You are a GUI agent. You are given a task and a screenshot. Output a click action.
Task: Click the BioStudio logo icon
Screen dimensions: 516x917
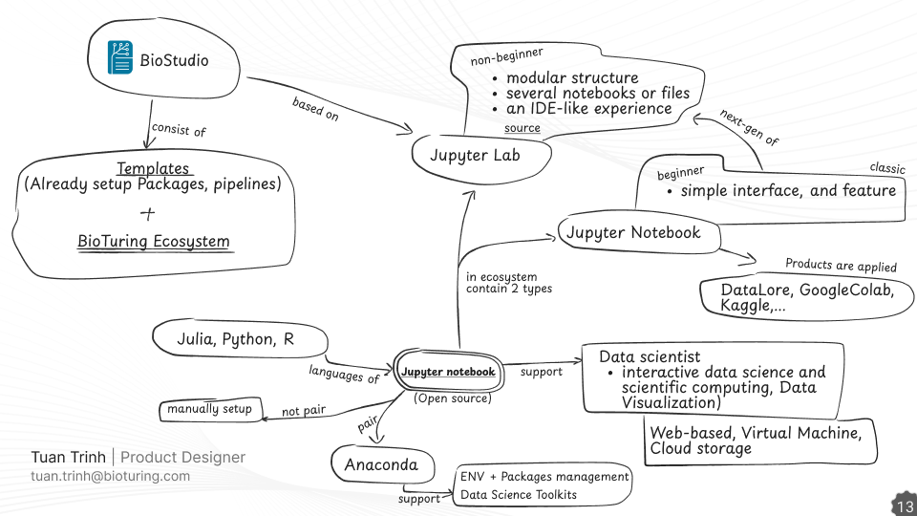point(119,59)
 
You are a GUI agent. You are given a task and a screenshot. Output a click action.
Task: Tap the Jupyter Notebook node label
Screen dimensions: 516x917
point(633,232)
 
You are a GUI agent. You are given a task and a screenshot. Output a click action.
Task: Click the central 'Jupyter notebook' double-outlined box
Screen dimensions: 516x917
point(448,372)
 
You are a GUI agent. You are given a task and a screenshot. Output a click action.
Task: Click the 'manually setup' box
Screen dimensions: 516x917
point(209,409)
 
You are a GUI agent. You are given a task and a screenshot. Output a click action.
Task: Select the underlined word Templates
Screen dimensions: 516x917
point(153,168)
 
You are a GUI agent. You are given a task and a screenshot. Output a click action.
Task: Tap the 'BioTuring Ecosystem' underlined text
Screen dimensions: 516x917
point(154,241)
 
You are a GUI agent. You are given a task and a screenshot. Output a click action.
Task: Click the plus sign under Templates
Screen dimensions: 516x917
point(147,212)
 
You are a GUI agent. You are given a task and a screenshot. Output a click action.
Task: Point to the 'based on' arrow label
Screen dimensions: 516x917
point(315,108)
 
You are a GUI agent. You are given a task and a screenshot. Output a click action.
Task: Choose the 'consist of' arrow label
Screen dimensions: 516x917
point(179,129)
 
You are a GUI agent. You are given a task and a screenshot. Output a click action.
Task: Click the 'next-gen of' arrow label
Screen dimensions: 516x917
point(749,126)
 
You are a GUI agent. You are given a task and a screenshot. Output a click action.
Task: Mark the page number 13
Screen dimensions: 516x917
point(903,505)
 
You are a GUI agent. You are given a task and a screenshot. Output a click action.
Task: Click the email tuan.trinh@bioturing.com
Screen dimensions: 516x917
point(110,476)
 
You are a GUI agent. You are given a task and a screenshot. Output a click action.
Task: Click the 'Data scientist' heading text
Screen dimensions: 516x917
point(650,356)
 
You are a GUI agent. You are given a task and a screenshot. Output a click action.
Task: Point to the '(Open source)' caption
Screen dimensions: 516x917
point(452,398)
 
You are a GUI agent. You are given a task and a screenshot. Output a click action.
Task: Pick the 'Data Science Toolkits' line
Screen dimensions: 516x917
point(519,494)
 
